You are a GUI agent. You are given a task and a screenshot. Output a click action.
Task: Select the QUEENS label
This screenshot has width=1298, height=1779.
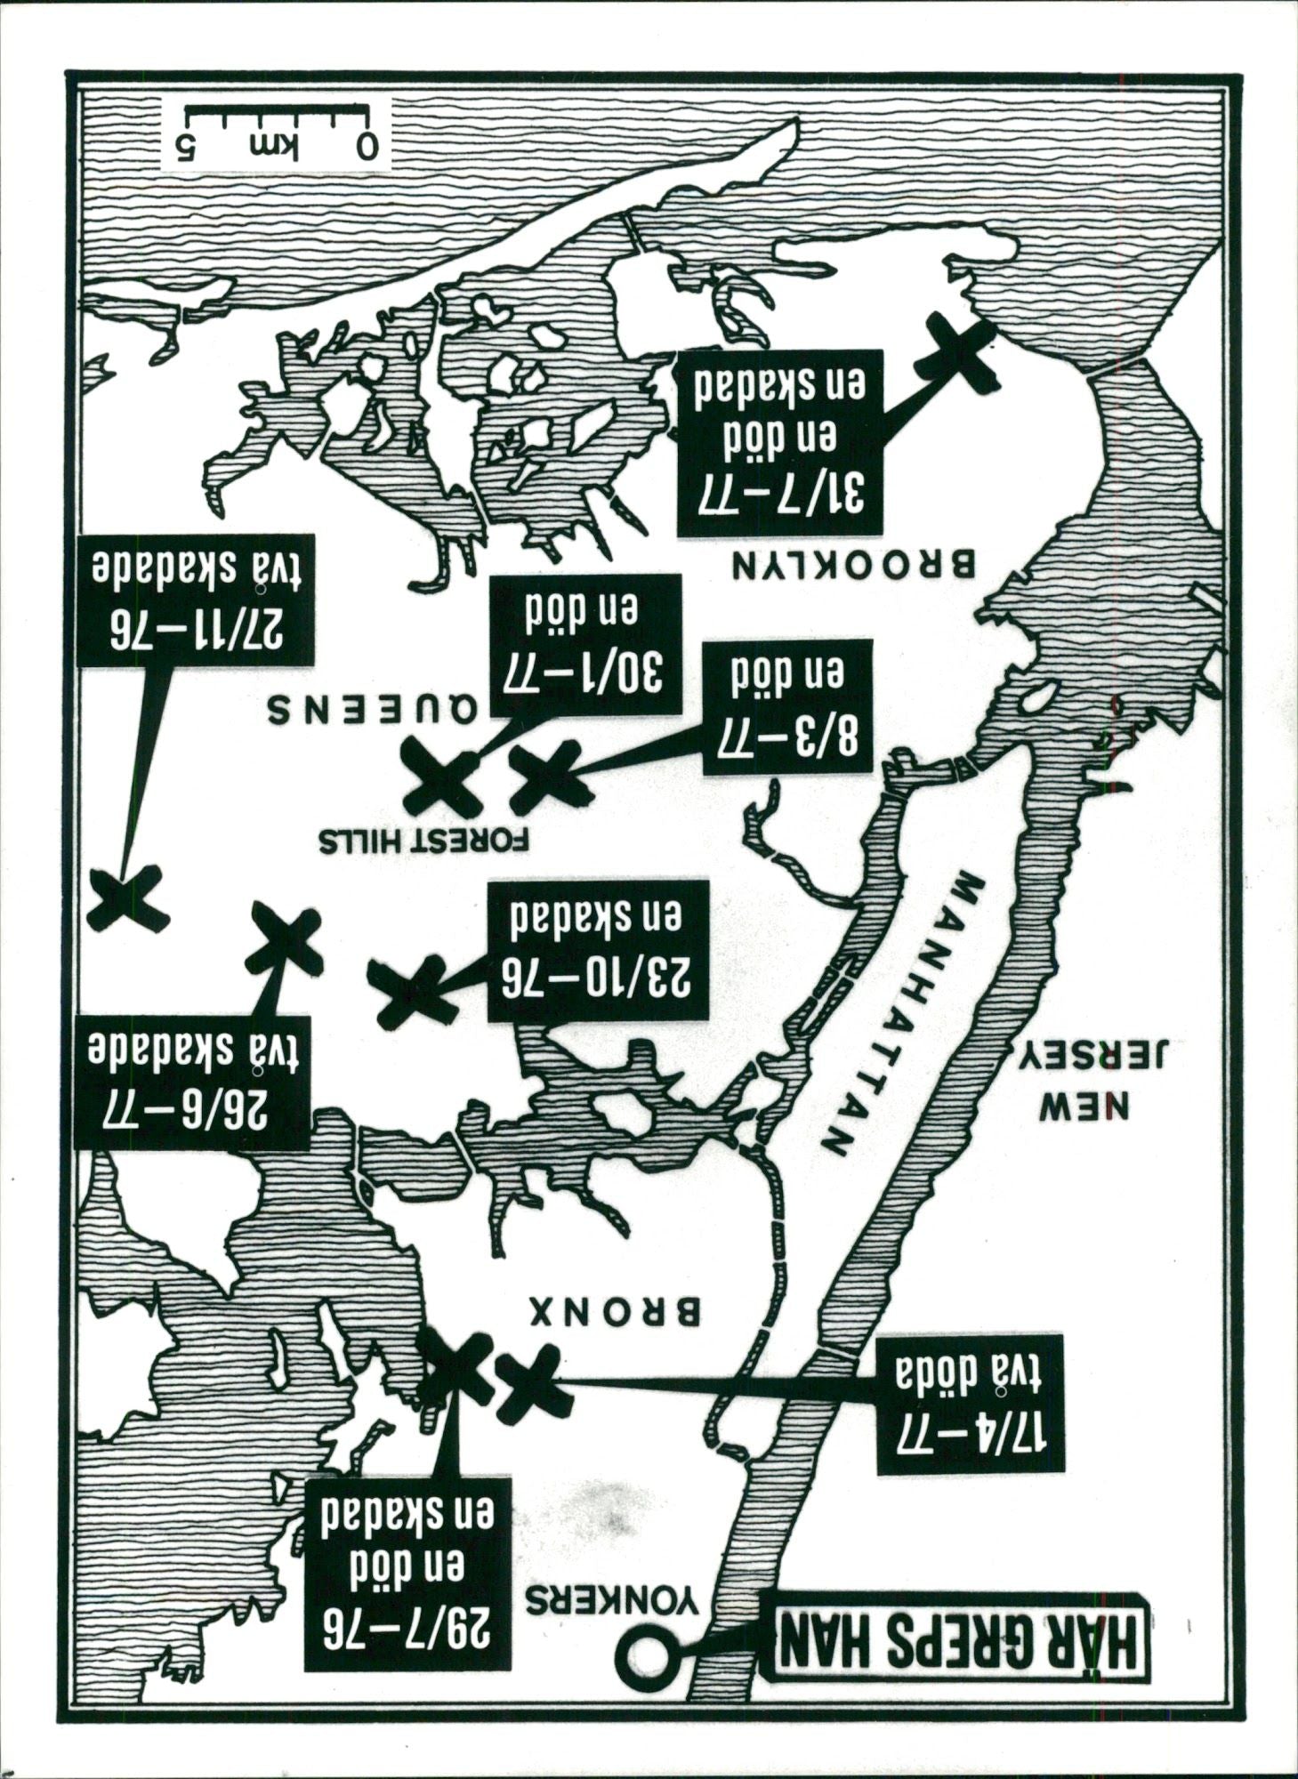373,709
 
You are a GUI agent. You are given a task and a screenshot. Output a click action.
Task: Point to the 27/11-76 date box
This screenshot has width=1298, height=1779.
197,600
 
